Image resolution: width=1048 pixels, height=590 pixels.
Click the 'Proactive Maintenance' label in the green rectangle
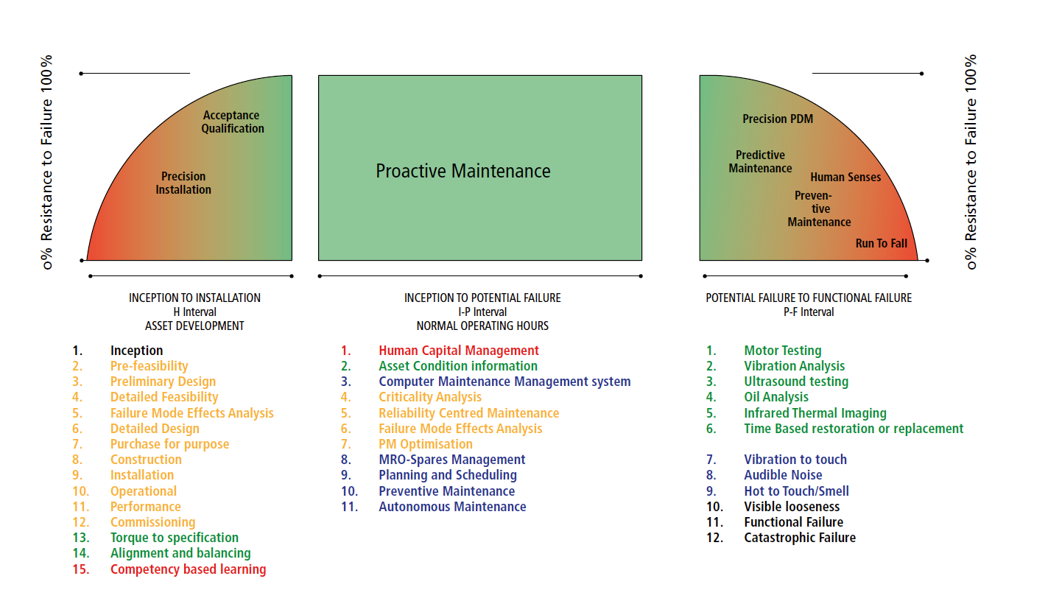click(x=463, y=171)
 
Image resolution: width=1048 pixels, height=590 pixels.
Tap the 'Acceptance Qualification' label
click(x=233, y=122)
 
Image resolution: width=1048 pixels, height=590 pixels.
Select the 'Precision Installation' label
click(x=183, y=183)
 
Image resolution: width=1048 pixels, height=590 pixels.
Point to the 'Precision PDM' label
click(x=778, y=119)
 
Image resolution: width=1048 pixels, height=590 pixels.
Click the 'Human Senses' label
click(x=845, y=178)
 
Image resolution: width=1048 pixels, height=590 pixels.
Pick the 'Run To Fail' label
click(x=881, y=243)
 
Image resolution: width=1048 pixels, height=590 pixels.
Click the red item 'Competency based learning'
click(x=188, y=569)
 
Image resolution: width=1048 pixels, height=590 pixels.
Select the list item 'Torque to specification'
click(x=175, y=538)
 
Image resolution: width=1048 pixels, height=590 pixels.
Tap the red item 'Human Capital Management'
click(x=459, y=351)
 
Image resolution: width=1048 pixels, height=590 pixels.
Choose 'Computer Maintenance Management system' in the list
click(x=504, y=382)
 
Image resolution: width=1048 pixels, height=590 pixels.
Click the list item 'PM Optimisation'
click(x=425, y=444)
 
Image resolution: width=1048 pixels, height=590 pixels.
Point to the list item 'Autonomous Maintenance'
click(x=452, y=507)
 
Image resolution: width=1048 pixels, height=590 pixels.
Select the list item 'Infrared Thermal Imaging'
click(x=815, y=413)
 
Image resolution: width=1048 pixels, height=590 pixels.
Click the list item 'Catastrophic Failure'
click(x=800, y=538)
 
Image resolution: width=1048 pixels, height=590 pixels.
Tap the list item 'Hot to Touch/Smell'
click(x=796, y=491)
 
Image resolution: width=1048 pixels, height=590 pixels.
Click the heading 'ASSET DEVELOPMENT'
click(x=194, y=326)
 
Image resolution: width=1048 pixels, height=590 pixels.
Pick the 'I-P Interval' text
click(x=482, y=312)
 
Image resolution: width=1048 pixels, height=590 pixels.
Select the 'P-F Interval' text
click(x=809, y=312)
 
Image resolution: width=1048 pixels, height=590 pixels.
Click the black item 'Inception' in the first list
click(x=136, y=351)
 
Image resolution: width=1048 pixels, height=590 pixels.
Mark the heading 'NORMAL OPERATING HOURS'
click(x=482, y=326)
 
